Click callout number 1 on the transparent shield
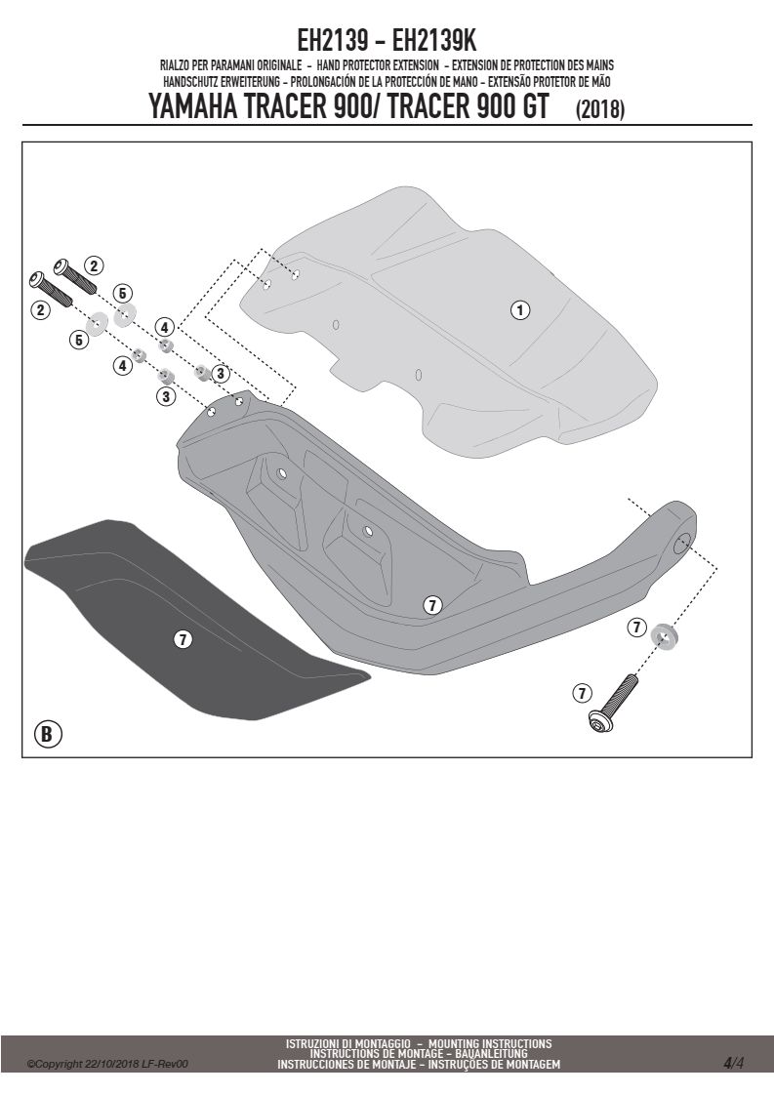tap(519, 309)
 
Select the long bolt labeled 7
tap(613, 704)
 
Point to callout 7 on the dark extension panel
tap(183, 639)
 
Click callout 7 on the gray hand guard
tap(432, 605)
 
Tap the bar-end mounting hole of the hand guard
tap(682, 543)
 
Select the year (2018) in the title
tap(599, 109)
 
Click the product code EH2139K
tap(434, 41)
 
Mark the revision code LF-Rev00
tap(165, 1065)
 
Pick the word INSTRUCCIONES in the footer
tap(313, 1065)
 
